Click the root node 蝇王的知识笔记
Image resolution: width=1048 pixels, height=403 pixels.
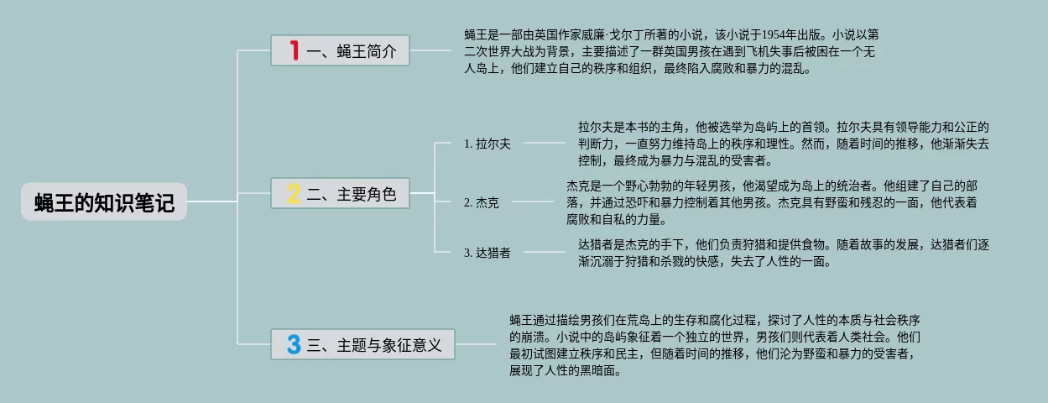[x=104, y=202]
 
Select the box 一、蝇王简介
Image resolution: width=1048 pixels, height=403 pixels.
[x=340, y=51]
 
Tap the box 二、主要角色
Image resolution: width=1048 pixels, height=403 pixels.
[x=340, y=195]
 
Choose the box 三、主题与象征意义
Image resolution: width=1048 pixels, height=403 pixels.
[x=362, y=344]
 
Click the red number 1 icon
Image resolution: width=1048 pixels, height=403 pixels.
[x=294, y=51]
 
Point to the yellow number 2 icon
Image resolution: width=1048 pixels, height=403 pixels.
[x=293, y=195]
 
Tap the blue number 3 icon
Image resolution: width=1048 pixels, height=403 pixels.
[x=293, y=344]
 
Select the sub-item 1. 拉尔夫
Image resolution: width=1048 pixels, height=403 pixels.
[x=487, y=144]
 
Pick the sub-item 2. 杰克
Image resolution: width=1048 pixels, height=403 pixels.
[x=481, y=202]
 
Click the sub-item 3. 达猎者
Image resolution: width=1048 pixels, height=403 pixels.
[x=487, y=253]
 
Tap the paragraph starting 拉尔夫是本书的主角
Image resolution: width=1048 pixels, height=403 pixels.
[x=783, y=144]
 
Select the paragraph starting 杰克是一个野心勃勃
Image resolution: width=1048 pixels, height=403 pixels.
[x=772, y=202]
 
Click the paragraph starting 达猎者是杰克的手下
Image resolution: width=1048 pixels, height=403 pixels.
[x=783, y=253]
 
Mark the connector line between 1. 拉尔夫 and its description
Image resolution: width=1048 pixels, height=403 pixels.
[x=544, y=144]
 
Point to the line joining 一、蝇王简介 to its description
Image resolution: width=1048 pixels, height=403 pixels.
[x=430, y=51]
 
